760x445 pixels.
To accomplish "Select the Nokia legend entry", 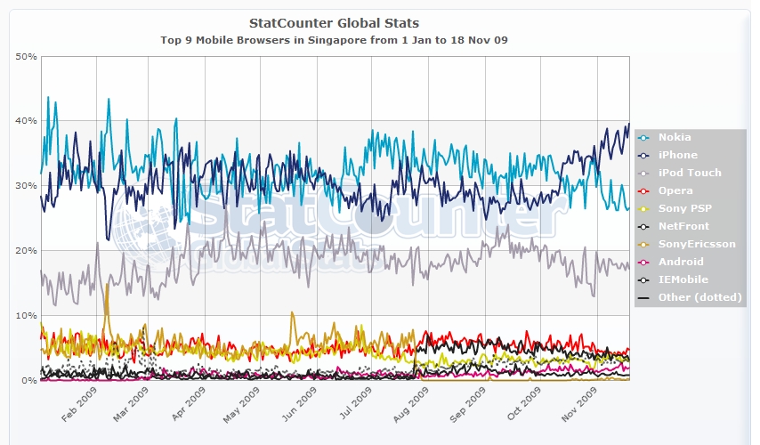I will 674,137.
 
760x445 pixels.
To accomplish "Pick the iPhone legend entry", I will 677,155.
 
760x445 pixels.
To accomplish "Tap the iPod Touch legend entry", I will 689,173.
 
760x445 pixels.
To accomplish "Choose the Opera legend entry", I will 675,190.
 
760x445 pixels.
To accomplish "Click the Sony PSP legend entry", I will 683,208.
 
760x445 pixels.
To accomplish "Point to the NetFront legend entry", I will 683,226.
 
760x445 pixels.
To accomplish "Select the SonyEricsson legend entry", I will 696,244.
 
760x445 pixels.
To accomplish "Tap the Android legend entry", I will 680,262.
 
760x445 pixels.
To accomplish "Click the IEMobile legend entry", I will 683,279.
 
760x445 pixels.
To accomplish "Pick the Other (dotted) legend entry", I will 699,297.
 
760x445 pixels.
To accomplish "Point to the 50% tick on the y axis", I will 26,56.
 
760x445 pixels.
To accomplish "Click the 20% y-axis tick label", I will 26,250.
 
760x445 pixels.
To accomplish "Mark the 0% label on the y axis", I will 28,380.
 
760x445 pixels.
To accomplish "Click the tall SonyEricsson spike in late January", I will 107,287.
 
